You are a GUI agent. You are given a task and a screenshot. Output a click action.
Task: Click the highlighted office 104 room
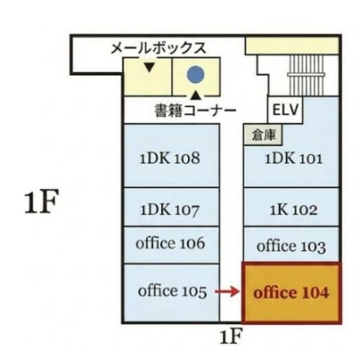(x=291, y=292)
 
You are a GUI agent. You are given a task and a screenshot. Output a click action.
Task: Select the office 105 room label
(x=173, y=291)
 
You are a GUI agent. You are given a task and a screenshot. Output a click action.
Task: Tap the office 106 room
(x=171, y=245)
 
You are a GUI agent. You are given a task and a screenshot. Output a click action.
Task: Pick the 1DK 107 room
(x=171, y=207)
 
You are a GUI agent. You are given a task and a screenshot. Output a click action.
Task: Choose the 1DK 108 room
(x=171, y=156)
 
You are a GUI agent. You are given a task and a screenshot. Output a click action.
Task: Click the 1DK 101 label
(x=293, y=158)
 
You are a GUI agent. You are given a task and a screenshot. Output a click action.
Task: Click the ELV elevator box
(x=285, y=110)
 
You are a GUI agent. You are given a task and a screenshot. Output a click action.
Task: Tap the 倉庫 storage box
(x=264, y=135)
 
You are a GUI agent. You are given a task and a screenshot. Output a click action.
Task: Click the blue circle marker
(x=195, y=75)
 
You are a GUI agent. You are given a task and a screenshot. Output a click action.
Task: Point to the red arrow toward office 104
(x=228, y=291)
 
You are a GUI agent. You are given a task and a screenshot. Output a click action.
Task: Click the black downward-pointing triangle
(x=149, y=67)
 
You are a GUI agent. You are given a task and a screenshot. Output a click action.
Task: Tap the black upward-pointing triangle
(x=195, y=95)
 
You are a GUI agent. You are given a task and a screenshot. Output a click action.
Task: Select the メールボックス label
(x=158, y=48)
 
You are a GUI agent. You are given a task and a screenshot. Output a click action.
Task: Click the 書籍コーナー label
(x=195, y=110)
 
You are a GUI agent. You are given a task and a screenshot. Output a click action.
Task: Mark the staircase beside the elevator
(x=306, y=75)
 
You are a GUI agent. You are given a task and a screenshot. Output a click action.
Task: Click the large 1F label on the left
(x=40, y=202)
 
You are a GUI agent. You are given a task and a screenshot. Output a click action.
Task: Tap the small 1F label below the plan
(x=230, y=337)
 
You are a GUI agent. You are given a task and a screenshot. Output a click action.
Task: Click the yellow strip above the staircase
(x=292, y=46)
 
